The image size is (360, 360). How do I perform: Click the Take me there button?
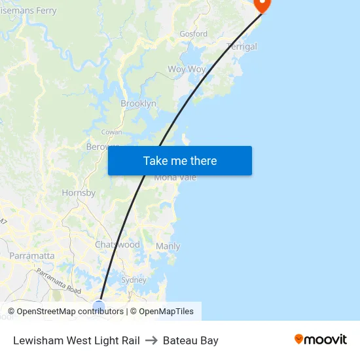(180, 160)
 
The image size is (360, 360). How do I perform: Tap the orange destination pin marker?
(262, 4)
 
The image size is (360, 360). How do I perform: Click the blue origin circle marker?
(99, 306)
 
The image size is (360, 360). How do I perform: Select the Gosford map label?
(193, 33)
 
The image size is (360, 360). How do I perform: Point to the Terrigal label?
(242, 46)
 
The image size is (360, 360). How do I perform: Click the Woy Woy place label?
(187, 69)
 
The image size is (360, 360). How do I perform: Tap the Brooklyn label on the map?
(138, 103)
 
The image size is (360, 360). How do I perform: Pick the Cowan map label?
(111, 132)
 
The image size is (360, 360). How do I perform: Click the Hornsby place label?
(79, 193)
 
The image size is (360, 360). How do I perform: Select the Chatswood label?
(117, 244)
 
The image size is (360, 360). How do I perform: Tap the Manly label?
(168, 247)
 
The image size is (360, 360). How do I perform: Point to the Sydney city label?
(134, 279)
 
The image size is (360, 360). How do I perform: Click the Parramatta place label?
(31, 255)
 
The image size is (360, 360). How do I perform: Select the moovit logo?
(321, 340)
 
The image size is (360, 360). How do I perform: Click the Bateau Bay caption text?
(190, 340)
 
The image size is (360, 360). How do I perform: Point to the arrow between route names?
(151, 340)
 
